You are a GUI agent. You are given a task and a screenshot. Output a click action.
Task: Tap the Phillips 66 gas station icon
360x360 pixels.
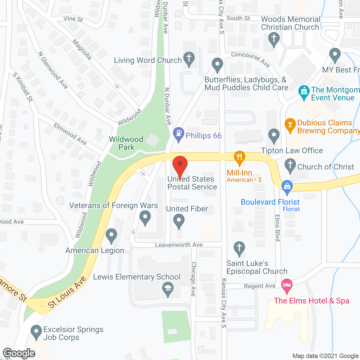point(178,133)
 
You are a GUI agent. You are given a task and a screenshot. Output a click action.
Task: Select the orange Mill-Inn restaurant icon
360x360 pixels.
point(239,157)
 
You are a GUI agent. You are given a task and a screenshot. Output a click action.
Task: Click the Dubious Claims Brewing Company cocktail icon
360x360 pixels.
point(290,125)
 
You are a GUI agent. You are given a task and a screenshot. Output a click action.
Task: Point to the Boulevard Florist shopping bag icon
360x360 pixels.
point(287,186)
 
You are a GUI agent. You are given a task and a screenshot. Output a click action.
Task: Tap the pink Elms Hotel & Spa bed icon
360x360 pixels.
point(287,285)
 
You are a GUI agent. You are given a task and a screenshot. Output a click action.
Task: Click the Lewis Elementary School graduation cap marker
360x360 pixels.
point(168,289)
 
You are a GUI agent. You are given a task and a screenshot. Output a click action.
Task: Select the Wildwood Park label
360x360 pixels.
point(126,143)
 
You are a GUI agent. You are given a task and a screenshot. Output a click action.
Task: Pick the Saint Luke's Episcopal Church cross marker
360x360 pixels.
point(239,248)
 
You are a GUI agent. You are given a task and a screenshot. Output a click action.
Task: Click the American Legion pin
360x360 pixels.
point(111,235)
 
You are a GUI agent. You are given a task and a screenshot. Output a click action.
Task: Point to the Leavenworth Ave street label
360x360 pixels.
point(179,245)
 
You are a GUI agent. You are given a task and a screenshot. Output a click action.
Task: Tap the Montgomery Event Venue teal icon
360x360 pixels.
point(304,92)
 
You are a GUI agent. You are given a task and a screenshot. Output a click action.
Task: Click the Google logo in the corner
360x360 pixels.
point(19,353)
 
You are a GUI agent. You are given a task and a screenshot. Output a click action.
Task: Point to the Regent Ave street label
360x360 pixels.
point(260,286)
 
